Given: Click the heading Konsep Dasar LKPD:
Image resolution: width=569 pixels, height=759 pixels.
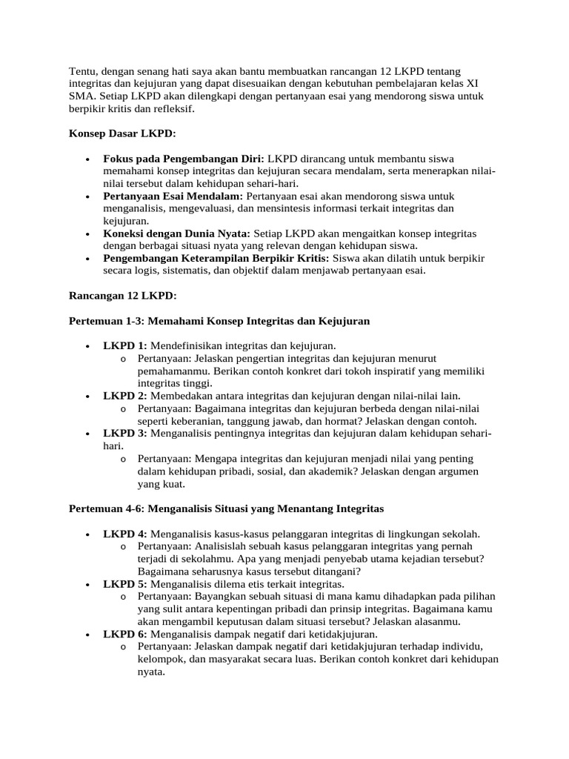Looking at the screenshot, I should click(x=122, y=133).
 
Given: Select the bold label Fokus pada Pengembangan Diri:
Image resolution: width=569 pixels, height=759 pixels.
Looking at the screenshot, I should click(x=184, y=159).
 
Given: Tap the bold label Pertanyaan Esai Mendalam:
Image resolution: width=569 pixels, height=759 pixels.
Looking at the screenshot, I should click(x=173, y=196).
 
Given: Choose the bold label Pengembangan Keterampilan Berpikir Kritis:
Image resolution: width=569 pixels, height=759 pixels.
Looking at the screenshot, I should click(x=217, y=259).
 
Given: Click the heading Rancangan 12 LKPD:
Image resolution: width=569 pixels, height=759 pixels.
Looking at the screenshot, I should click(x=123, y=296).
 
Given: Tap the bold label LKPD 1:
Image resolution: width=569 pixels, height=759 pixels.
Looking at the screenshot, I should click(x=125, y=345).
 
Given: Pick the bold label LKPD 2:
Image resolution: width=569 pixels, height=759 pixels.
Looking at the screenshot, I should click(x=125, y=396).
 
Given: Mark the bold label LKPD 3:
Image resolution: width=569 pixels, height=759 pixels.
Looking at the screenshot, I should click(x=125, y=433).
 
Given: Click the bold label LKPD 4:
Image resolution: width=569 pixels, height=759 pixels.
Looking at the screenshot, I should click(x=125, y=534).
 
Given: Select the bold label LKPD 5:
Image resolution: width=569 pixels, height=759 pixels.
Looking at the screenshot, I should click(x=125, y=584).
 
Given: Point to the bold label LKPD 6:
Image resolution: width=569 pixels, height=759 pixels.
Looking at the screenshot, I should click(x=125, y=634).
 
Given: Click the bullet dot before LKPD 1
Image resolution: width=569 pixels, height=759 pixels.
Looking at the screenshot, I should click(x=88, y=346).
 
